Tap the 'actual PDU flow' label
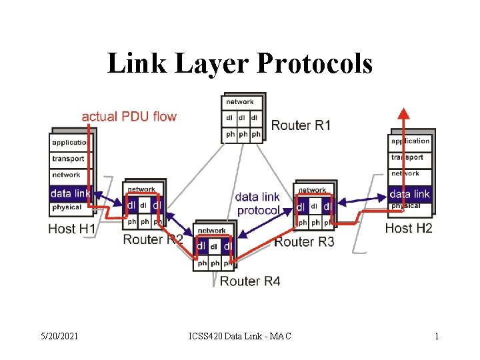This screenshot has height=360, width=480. point(129,117)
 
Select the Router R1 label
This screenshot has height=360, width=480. point(301,125)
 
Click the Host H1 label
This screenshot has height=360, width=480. point(72,229)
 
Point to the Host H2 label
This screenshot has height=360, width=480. point(409,228)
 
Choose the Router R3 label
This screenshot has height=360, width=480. point(304,241)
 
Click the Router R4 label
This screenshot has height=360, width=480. point(250,281)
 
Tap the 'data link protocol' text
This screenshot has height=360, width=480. point(257,203)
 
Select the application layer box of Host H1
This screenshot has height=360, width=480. point(70,143)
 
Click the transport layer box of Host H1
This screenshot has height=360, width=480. point(69,159)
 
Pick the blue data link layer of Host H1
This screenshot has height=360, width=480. point(70,193)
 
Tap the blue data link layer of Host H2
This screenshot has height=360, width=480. point(410,193)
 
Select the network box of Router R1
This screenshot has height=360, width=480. point(240,102)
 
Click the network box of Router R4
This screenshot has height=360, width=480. point(212,231)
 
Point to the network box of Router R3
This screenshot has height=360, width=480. point(313,191)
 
